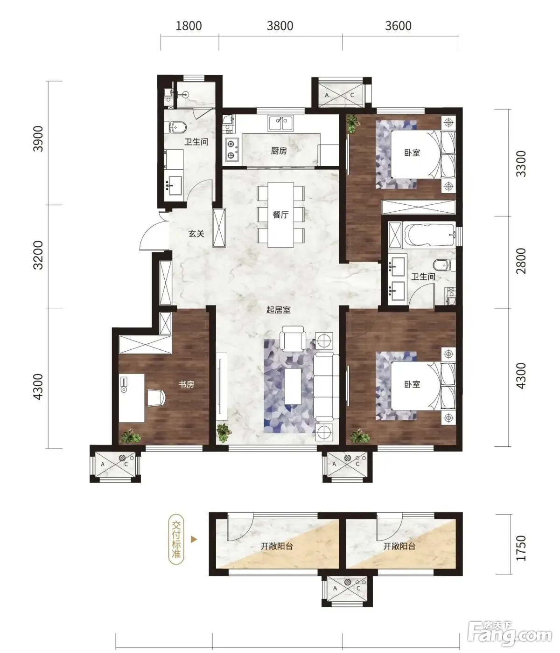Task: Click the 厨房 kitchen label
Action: (279, 151)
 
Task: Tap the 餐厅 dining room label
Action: (280, 215)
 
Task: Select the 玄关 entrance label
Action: (196, 234)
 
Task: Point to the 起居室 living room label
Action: (278, 310)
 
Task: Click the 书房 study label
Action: (186, 384)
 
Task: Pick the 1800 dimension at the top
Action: (189, 26)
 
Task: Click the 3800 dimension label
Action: (280, 26)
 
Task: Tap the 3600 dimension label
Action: (398, 26)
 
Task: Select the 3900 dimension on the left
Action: (38, 139)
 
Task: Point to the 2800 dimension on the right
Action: (521, 261)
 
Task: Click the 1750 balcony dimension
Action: (521, 548)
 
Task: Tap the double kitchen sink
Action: (280, 123)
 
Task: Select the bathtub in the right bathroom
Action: (429, 235)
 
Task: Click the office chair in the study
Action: (156, 397)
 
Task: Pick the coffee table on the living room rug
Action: (293, 386)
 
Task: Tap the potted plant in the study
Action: (131, 436)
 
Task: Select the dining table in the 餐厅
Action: (280, 215)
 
